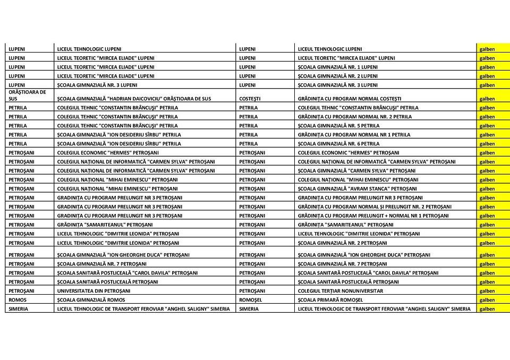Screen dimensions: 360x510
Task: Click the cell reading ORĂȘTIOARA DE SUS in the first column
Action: click(x=27, y=95)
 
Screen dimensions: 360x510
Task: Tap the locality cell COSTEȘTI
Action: click(x=250, y=99)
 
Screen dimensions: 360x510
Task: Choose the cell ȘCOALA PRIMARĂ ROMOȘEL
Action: click(x=329, y=300)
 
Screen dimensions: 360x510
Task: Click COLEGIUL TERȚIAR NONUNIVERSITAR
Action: click(x=340, y=291)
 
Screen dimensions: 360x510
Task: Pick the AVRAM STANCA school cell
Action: click(x=357, y=188)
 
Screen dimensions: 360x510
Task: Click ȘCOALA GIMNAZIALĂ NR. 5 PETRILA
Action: click(x=338, y=126)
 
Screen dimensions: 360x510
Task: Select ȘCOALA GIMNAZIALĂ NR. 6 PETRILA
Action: click(x=338, y=143)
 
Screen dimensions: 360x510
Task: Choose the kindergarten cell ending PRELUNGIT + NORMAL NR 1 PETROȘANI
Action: click(x=373, y=216)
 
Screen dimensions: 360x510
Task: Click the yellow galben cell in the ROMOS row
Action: click(x=487, y=300)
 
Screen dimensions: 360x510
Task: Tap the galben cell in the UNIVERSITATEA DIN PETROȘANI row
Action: click(x=487, y=291)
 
